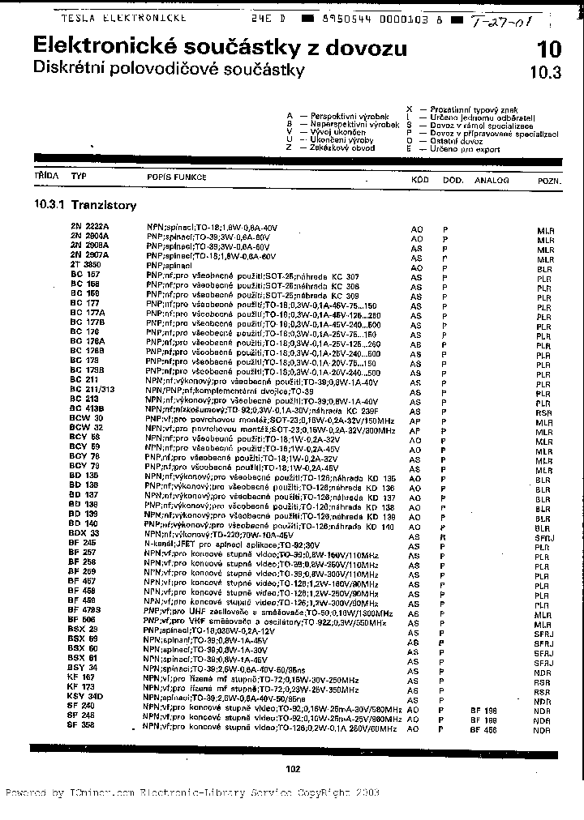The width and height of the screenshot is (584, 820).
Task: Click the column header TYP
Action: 79,175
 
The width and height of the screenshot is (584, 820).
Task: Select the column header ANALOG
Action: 492,181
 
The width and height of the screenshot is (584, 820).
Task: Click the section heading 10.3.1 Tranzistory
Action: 85,206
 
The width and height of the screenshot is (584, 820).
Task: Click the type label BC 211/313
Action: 92,391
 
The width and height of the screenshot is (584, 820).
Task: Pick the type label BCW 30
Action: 85,417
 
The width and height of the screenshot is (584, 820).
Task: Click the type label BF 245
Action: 83,542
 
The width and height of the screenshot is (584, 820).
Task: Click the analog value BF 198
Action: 483,710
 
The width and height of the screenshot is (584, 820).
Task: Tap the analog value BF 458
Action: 483,728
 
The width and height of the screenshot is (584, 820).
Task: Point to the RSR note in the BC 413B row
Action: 543,412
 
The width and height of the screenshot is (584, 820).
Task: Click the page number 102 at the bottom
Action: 294,769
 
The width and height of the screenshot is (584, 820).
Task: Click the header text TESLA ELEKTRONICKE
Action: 123,16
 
